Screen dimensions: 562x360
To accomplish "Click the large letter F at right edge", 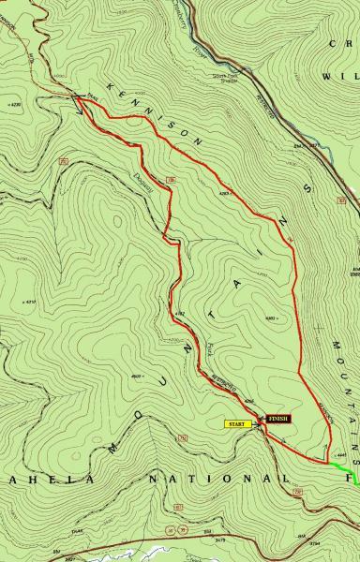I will tap(352, 480).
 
